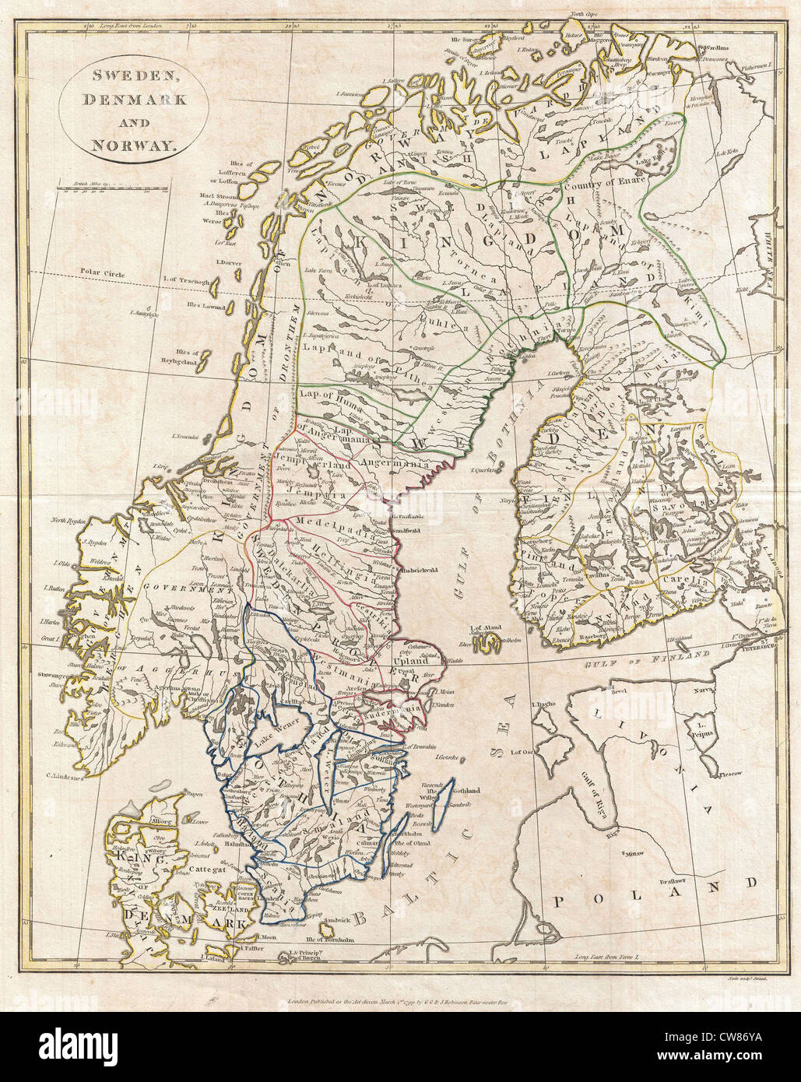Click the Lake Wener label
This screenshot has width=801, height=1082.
pos(277,731)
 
